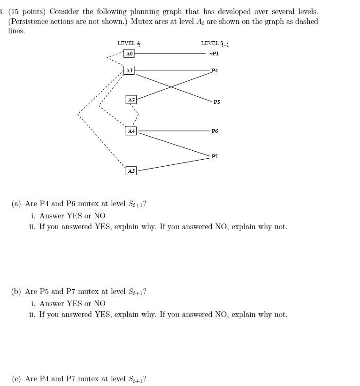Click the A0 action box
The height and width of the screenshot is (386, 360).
click(129, 54)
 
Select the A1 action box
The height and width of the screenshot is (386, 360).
click(129, 70)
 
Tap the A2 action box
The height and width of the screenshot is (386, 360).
click(131, 100)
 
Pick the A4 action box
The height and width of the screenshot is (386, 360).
click(131, 131)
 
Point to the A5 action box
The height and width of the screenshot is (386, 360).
click(131, 171)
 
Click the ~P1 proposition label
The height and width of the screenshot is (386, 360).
click(214, 54)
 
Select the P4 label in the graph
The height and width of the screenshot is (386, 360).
click(214, 70)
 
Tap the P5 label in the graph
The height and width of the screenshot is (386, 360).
click(216, 101)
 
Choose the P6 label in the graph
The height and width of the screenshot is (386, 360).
click(214, 131)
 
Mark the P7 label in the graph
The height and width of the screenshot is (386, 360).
click(214, 156)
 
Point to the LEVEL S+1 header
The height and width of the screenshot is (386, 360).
click(214, 43)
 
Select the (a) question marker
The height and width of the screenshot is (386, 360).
click(16, 204)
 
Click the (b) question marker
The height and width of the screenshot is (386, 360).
click(16, 292)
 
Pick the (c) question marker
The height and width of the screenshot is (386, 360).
click(16, 379)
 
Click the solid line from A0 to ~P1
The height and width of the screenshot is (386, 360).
click(169, 54)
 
